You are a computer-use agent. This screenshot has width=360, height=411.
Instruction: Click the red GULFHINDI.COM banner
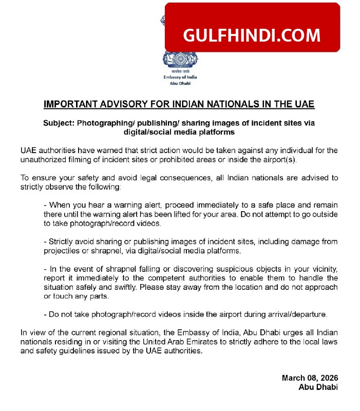pyautogui.click(x=252, y=35)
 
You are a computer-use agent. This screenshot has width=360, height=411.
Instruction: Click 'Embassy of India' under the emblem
pyautogui.click(x=180, y=77)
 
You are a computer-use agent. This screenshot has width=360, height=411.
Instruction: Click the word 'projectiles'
pyautogui.click(x=65, y=251)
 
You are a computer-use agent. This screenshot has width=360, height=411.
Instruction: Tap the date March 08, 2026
pyautogui.click(x=310, y=378)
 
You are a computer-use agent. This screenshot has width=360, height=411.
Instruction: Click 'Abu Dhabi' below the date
pyautogui.click(x=318, y=387)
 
